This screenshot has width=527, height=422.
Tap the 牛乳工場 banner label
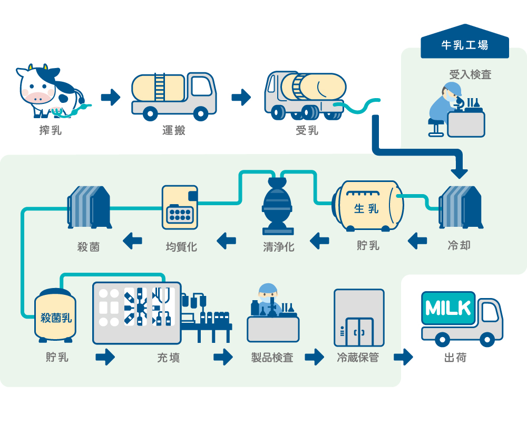(464, 45)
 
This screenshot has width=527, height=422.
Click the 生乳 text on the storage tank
(366, 209)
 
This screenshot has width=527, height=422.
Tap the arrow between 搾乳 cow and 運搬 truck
(111, 98)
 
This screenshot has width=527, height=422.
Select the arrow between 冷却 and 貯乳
(417, 242)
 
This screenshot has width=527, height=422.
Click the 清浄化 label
(279, 246)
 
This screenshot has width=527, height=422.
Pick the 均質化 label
(181, 246)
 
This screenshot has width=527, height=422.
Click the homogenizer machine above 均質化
(180, 207)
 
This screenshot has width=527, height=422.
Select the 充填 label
(168, 358)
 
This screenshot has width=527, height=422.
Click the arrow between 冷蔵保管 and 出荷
(403, 357)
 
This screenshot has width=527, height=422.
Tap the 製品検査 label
(272, 358)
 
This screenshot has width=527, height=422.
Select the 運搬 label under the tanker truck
(173, 130)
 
